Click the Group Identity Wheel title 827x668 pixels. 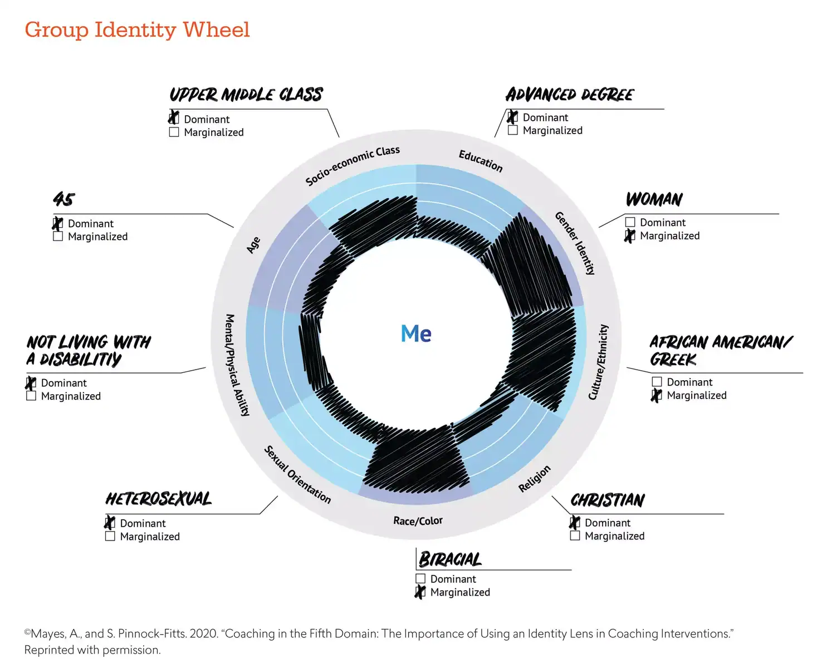[x=137, y=30]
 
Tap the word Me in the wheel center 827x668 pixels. [x=416, y=333]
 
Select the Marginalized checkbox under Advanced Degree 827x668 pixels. [x=512, y=130]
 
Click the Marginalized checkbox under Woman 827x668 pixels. [x=630, y=235]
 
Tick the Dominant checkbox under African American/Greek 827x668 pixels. [x=657, y=381]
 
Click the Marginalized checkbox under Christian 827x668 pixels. [x=575, y=536]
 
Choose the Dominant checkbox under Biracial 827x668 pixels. [x=420, y=579]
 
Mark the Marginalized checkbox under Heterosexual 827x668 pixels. [x=110, y=536]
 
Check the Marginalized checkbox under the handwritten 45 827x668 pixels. [x=58, y=236]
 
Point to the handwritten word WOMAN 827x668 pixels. [x=654, y=199]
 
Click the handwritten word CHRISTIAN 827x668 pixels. [x=608, y=500]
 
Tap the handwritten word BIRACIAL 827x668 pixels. [x=451, y=559]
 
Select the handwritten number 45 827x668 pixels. [x=64, y=199]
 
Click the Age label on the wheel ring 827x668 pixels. [x=253, y=245]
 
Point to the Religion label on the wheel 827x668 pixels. [x=535, y=479]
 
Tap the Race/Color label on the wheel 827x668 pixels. [x=418, y=520]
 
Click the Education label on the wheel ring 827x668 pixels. [x=481, y=161]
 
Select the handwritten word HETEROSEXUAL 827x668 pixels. [x=159, y=499]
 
